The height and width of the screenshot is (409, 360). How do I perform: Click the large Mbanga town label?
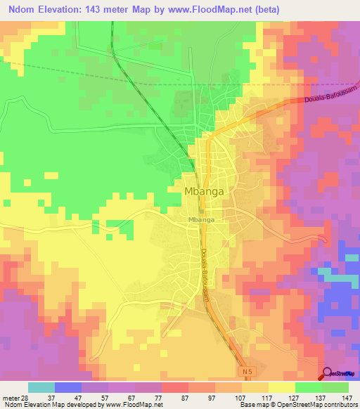click(x=205, y=190)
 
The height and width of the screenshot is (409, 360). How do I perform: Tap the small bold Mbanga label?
click(x=201, y=219)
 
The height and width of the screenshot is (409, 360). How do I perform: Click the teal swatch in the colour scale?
click(x=41, y=387)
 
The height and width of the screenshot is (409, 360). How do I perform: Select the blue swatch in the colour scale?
click(x=68, y=387)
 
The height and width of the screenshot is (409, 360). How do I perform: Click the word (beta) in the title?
click(x=301, y=10)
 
